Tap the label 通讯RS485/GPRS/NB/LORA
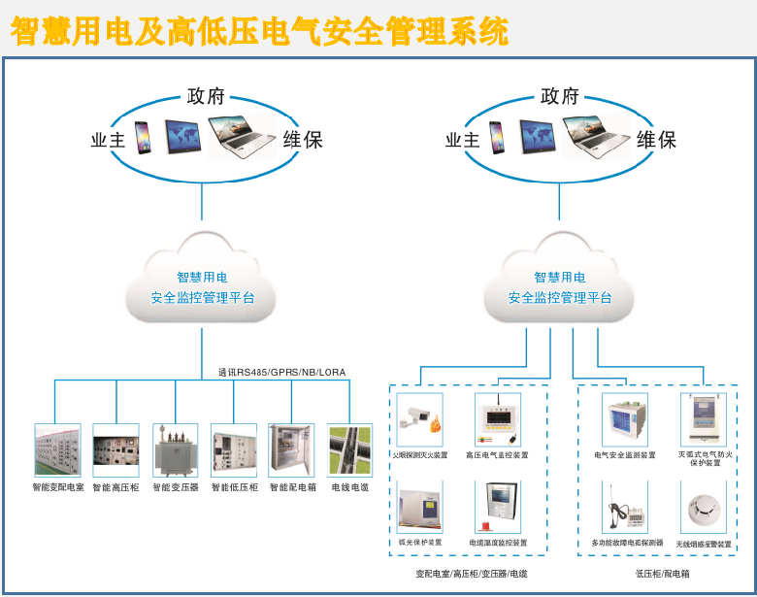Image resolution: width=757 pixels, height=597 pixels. tap(281, 372)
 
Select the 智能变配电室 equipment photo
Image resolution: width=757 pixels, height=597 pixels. tap(58, 449)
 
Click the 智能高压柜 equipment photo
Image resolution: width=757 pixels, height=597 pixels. tap(115, 449)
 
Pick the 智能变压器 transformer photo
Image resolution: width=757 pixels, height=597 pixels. tap(175, 449)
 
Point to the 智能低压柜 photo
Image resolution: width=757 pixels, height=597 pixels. tap(234, 449)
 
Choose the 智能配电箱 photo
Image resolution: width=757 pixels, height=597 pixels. tap(292, 449)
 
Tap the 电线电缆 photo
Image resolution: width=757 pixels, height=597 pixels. tap(349, 449)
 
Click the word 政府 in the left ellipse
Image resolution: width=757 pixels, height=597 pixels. tap(206, 96)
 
